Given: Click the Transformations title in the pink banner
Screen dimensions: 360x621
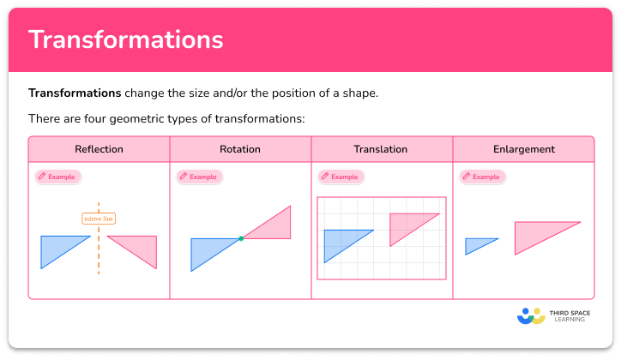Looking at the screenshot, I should [126, 39].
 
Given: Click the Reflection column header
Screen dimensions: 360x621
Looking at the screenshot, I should [99, 149].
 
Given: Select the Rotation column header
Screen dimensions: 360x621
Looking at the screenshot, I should [240, 149].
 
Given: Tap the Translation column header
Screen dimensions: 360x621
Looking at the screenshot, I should [381, 149].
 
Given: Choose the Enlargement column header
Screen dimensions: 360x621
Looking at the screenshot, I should [523, 149].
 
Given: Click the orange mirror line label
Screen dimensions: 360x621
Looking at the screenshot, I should [99, 219].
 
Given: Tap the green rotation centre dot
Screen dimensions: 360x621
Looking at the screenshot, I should [241, 237].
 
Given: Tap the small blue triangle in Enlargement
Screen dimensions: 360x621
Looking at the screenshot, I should [477, 246].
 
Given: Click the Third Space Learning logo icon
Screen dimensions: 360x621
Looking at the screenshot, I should [531, 316].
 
